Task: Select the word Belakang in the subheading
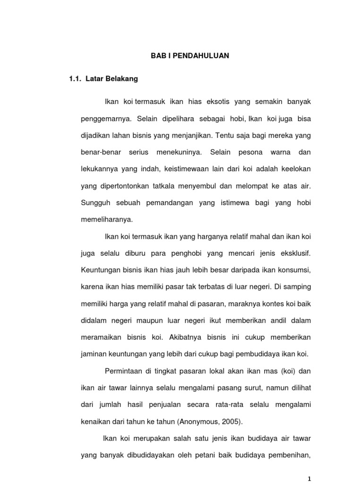[x=122, y=79]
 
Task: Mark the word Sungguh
[x=95, y=203]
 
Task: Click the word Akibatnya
[x=182, y=337]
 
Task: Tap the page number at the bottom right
[x=310, y=479]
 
